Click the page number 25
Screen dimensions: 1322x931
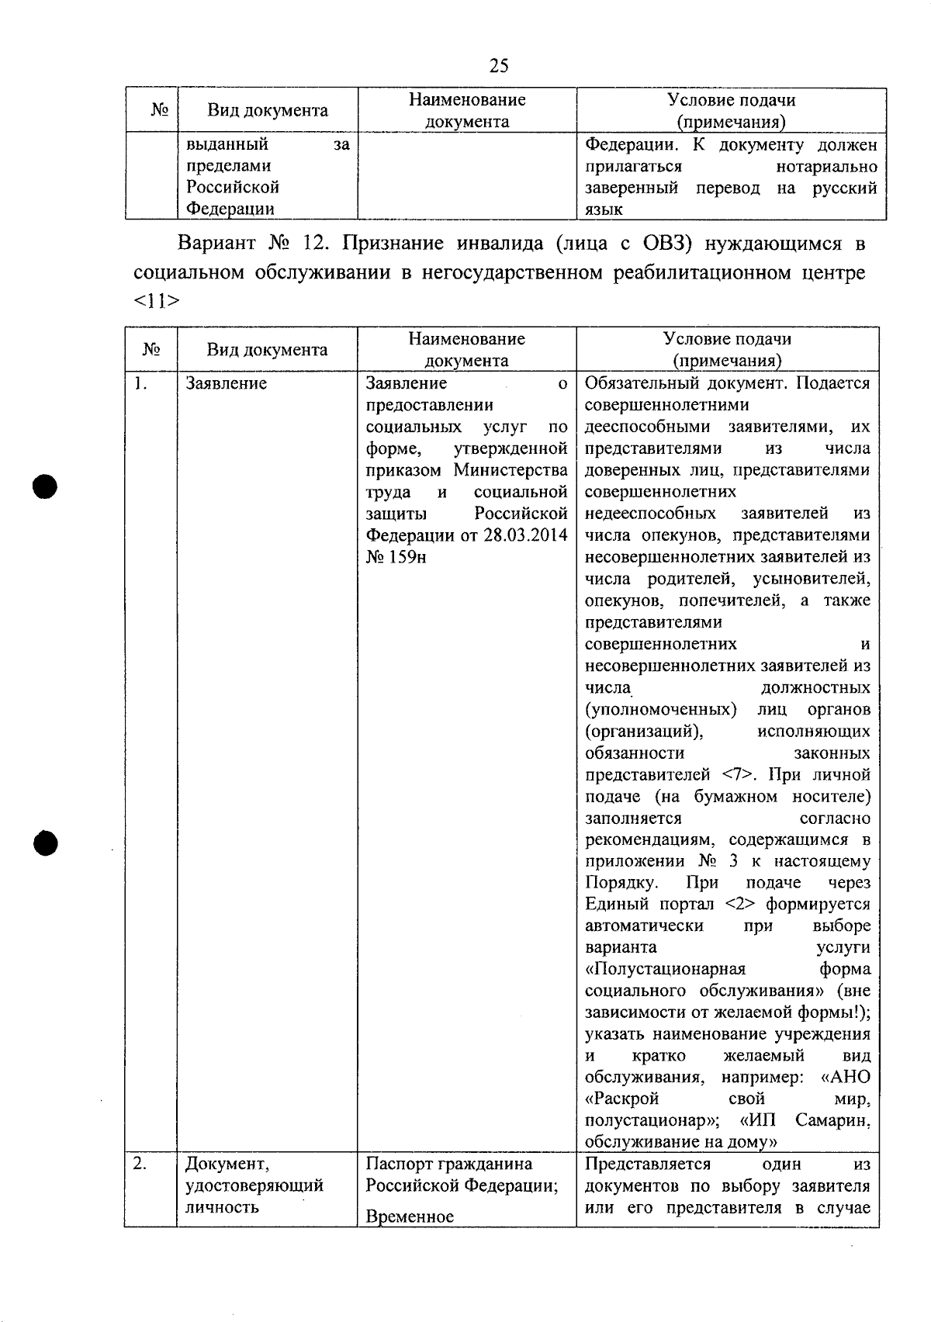tap(499, 66)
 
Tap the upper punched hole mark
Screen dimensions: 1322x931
tap(45, 486)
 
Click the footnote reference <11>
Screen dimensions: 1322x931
tap(156, 302)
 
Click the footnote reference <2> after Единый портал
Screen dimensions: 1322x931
tap(739, 905)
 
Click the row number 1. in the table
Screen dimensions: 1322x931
tap(139, 383)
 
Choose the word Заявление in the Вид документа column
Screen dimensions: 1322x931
tap(226, 383)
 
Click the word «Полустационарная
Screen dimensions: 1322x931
tap(665, 969)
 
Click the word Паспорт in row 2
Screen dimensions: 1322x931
tap(399, 1164)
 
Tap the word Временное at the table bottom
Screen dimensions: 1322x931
tap(409, 1216)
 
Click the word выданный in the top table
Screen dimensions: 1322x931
tap(227, 144)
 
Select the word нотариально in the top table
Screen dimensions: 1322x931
tap(826, 166)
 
